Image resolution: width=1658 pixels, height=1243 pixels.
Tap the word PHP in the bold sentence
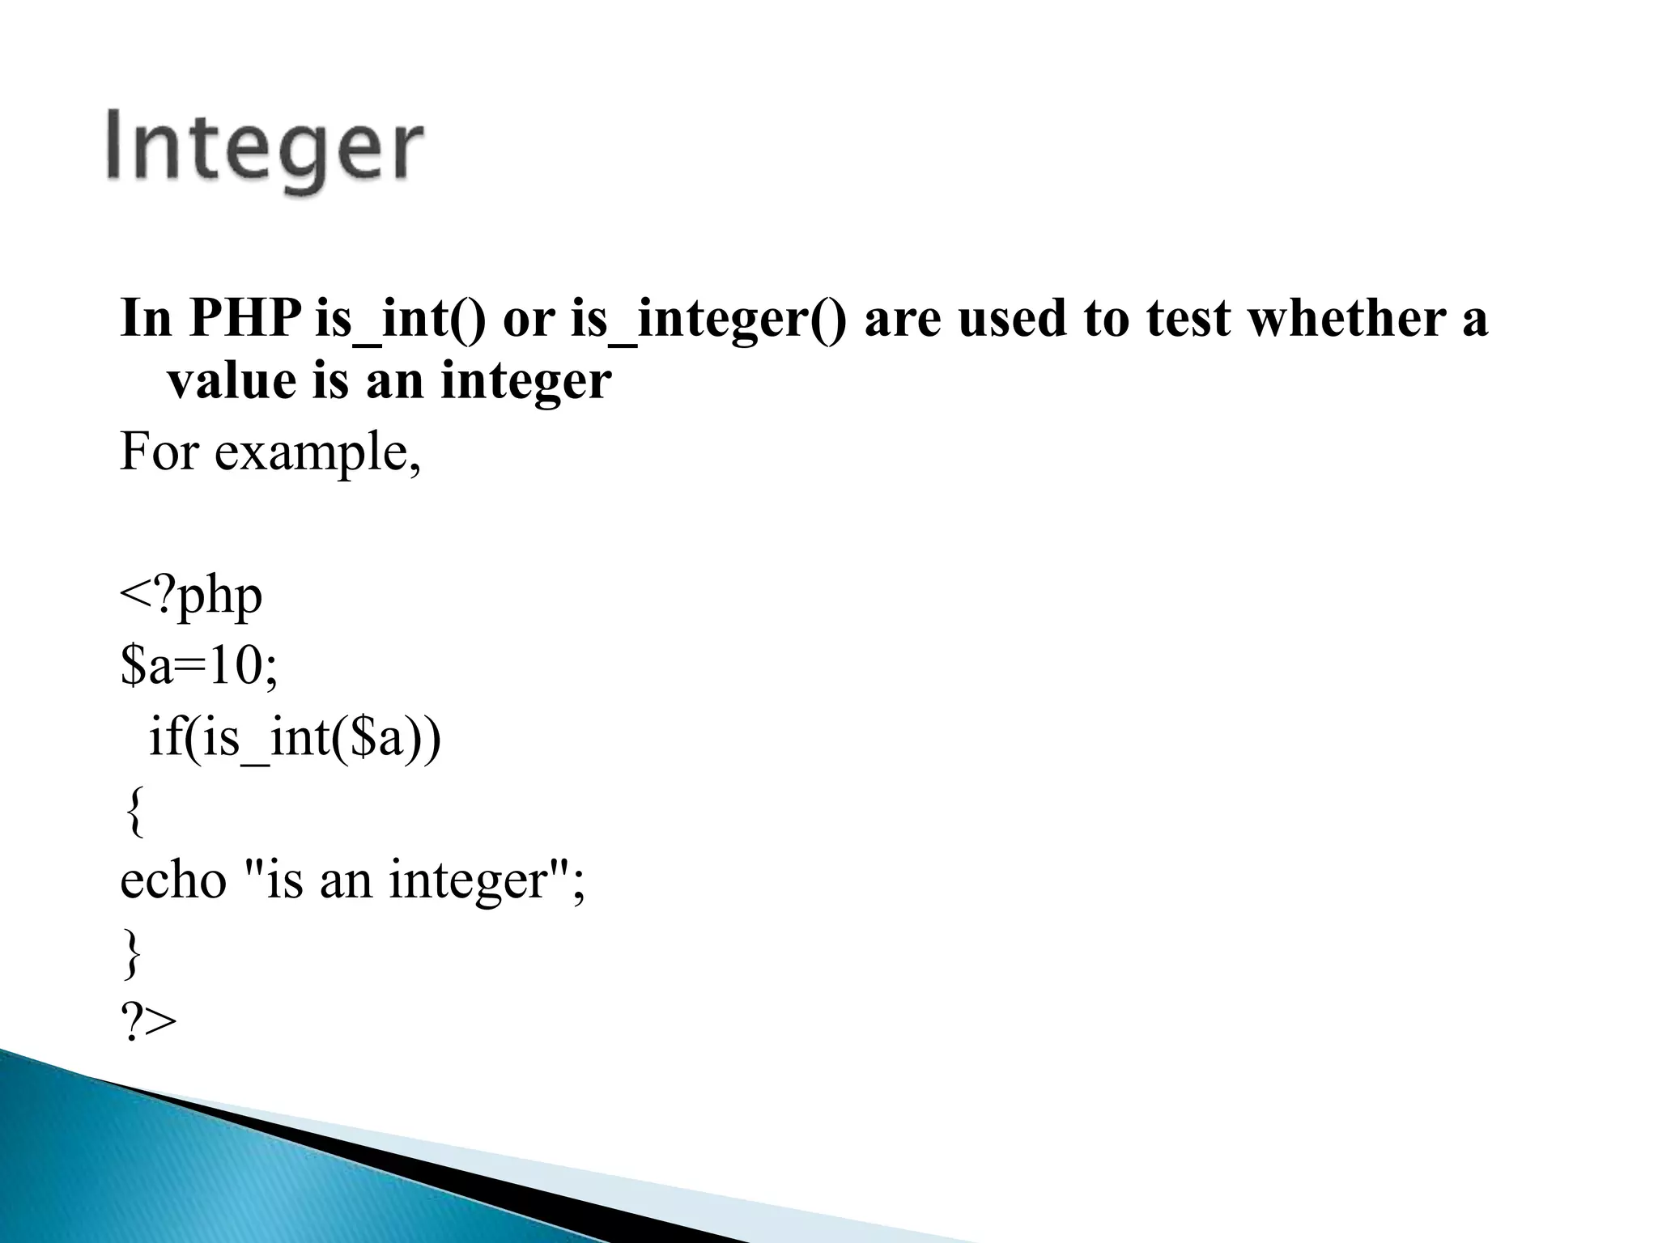pos(244,318)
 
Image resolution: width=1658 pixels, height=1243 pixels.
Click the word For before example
pos(159,452)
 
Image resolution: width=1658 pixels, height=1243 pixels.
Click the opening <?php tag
pos(191,597)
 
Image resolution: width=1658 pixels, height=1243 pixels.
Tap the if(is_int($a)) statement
pos(295,739)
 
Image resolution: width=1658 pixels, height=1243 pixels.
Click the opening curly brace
pos(134,811)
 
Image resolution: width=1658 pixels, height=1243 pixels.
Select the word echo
pos(173,880)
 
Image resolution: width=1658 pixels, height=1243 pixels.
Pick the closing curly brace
pos(133,953)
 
